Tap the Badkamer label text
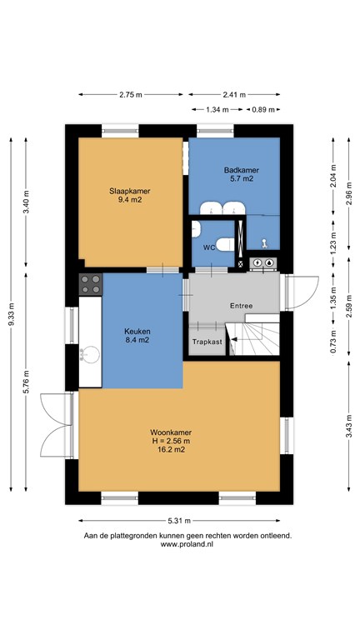pyautogui.click(x=241, y=170)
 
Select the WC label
pyautogui.click(x=209, y=247)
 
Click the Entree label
pyautogui.click(x=241, y=306)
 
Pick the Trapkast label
pyautogui.click(x=207, y=342)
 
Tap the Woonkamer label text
pyautogui.click(x=171, y=432)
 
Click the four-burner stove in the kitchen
pyautogui.click(x=90, y=284)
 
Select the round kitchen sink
pyautogui.click(x=89, y=354)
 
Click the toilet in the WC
pyautogui.click(x=225, y=244)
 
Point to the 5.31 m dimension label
pyautogui.click(x=179, y=520)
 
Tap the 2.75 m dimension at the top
pyautogui.click(x=131, y=95)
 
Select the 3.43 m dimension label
pyautogui.click(x=349, y=426)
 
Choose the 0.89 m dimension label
pyautogui.click(x=263, y=109)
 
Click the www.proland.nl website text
pyautogui.click(x=187, y=544)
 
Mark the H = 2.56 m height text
pyautogui.click(x=171, y=441)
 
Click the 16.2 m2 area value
pyautogui.click(x=171, y=450)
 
